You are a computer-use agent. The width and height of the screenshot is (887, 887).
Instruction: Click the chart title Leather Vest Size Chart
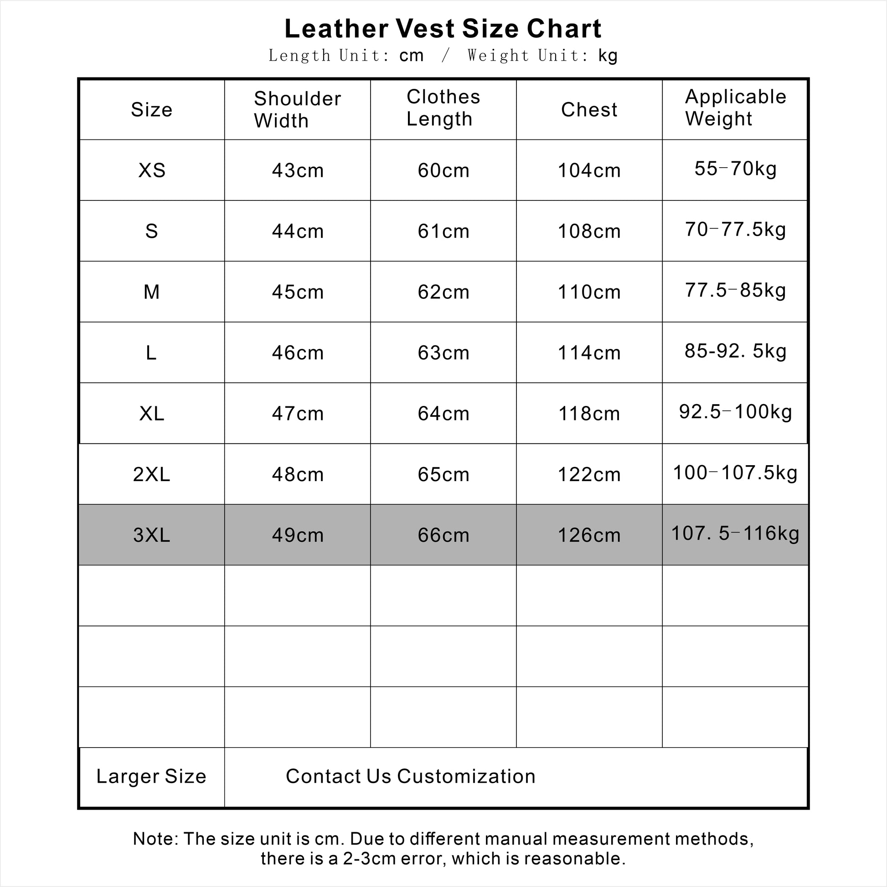(443, 28)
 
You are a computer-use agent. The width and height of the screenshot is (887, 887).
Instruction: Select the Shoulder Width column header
(297, 110)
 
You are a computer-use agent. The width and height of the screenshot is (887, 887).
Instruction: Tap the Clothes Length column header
(443, 108)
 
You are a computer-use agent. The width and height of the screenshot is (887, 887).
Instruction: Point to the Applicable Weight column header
(735, 108)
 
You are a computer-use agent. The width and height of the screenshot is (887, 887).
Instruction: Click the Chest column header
(589, 110)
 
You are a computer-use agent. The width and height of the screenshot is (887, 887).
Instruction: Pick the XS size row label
(152, 170)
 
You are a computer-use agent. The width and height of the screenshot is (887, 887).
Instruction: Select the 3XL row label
(152, 535)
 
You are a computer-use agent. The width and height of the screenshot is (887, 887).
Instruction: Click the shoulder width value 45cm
(298, 292)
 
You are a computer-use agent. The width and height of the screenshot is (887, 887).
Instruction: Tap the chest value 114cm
(589, 353)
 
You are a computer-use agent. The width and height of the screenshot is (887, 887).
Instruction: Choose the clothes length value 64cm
(443, 414)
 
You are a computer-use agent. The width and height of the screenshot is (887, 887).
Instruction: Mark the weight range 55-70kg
(735, 169)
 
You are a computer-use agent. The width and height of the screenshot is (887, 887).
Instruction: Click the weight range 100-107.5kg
(735, 472)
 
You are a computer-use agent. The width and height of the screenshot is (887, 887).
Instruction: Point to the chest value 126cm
(589, 535)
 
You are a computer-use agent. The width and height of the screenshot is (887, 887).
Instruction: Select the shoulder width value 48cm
(298, 474)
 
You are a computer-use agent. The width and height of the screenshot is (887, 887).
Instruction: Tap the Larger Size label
(151, 776)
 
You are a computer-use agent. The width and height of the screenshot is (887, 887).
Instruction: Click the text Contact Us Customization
(410, 776)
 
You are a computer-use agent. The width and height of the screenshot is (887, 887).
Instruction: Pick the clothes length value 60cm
(443, 170)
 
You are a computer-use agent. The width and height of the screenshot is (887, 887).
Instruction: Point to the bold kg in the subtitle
(608, 56)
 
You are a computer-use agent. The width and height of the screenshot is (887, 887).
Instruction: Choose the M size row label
(152, 292)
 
